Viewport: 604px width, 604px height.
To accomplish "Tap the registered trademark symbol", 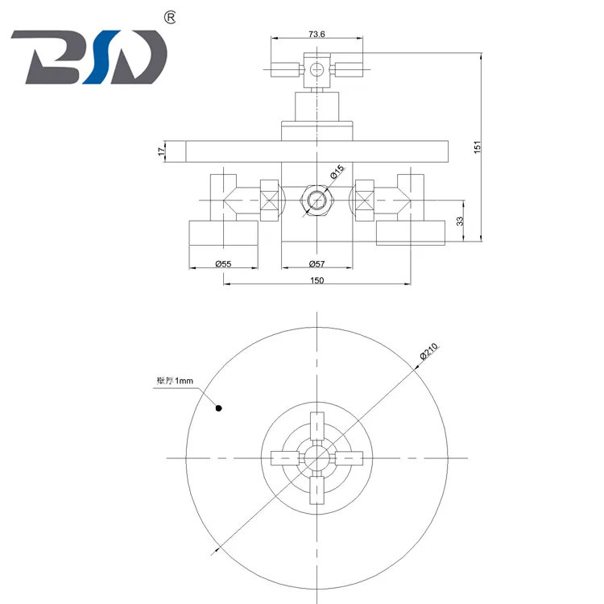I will click(171, 17).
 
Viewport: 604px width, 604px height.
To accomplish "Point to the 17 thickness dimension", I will click(162, 151).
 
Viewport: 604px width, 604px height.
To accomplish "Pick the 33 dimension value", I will click(459, 220).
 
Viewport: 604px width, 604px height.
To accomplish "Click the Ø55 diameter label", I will click(223, 263).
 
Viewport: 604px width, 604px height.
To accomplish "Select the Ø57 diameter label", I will click(316, 263).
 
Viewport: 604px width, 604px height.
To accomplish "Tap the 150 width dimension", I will click(316, 279).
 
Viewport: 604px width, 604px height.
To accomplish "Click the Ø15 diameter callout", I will click(336, 172).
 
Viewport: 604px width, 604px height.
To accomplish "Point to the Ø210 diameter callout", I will click(428, 351).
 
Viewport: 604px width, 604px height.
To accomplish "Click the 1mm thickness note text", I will click(176, 382).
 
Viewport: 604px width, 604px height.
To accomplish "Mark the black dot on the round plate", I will click(217, 408).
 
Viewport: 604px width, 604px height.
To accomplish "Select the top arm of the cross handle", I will click(316, 426).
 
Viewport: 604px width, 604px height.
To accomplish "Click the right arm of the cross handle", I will click(348, 457).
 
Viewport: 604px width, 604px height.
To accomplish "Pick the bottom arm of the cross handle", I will click(316, 488).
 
